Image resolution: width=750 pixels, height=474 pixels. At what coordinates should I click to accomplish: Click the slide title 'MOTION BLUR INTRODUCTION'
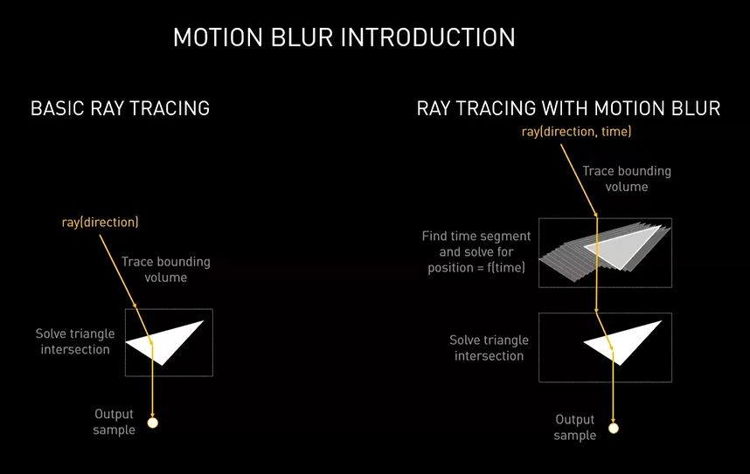click(344, 38)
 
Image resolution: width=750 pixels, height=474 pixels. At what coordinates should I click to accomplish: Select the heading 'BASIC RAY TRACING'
click(120, 108)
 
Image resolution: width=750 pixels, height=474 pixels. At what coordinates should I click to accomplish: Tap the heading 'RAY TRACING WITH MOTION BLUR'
click(568, 108)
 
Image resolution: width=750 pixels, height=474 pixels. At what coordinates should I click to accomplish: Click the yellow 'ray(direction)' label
click(100, 223)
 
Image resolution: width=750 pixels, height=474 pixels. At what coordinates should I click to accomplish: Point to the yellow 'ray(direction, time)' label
click(576, 132)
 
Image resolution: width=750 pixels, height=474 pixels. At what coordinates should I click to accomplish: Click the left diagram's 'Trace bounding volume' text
click(165, 270)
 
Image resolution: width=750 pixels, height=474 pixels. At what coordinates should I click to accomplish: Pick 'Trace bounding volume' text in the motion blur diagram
click(627, 179)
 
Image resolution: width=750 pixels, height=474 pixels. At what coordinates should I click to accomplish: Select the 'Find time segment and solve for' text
click(476, 244)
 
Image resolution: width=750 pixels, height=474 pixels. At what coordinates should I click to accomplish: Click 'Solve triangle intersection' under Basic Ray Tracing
click(75, 341)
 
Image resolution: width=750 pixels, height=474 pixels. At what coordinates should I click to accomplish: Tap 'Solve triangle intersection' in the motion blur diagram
click(489, 347)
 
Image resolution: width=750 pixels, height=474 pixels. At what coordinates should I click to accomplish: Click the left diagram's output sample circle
click(153, 422)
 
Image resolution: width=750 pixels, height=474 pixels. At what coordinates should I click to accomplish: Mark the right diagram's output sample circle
click(614, 428)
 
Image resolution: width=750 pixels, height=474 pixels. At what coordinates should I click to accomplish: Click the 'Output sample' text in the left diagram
click(114, 422)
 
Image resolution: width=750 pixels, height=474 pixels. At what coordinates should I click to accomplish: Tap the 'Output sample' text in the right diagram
click(575, 427)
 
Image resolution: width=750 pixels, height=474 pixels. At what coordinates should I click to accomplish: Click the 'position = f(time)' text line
click(476, 268)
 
